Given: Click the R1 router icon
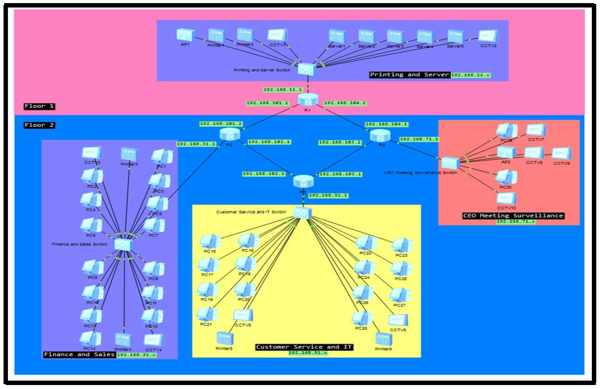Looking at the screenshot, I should click(x=308, y=99).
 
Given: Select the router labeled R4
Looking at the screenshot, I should click(x=380, y=136).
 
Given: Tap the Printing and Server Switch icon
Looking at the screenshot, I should click(x=307, y=69).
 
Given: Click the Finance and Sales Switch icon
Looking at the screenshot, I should click(x=123, y=244).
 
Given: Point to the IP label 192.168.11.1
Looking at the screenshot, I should click(x=282, y=90).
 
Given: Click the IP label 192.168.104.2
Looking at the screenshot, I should click(x=345, y=103).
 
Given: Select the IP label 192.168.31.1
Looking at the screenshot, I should click(x=196, y=144).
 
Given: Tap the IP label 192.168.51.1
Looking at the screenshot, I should click(x=328, y=195).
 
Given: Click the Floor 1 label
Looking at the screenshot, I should click(x=39, y=106).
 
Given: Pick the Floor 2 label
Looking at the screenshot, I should click(x=39, y=125).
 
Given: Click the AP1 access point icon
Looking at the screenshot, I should click(x=185, y=35).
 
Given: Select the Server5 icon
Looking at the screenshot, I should click(x=456, y=36).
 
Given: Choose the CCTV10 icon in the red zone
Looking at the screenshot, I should click(x=506, y=198).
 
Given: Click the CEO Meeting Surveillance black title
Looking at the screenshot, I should click(x=513, y=216).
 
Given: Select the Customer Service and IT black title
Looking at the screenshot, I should click(x=304, y=347).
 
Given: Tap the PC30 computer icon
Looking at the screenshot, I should click(x=506, y=177).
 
